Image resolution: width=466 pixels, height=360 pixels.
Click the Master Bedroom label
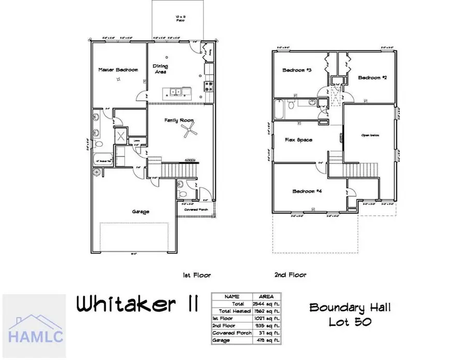click(119, 69)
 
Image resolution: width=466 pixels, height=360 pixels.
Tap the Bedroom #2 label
click(373, 77)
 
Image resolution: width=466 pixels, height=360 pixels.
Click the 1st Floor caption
click(197, 275)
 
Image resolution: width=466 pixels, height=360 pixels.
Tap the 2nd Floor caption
click(290, 275)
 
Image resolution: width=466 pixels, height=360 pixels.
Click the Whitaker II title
click(137, 305)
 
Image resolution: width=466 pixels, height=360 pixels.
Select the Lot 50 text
click(350, 322)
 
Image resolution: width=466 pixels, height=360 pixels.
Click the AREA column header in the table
click(266, 296)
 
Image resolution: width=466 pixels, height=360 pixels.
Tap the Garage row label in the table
click(224, 340)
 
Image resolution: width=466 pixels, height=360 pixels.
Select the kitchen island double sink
click(173, 92)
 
